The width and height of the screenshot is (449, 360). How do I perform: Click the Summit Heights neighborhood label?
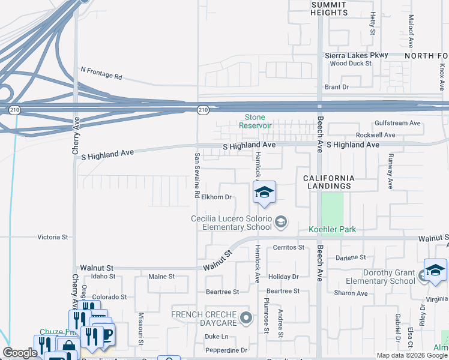pyautogui.click(x=330, y=8)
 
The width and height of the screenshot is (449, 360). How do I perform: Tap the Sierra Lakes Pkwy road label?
pyautogui.click(x=356, y=55)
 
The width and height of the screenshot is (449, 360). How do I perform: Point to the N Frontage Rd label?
pyautogui.click(x=101, y=73)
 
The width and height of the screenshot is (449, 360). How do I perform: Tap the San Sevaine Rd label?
pyautogui.click(x=196, y=175)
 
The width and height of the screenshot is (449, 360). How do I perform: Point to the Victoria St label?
pyautogui.click(x=53, y=237)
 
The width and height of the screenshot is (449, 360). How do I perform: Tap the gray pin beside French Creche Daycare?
pyautogui.click(x=244, y=317)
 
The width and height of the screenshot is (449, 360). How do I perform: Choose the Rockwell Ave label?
pyautogui.click(x=376, y=136)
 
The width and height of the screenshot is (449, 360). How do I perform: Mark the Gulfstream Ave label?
pyautogui.click(x=397, y=123)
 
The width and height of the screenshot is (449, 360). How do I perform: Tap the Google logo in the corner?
pyautogui.click(x=20, y=353)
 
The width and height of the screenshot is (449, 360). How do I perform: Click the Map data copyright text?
pyautogui.click(x=412, y=355)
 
